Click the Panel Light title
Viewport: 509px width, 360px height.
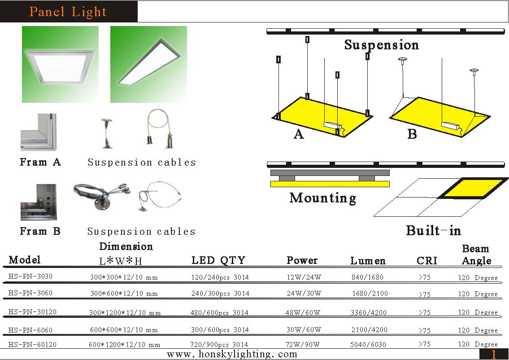68,12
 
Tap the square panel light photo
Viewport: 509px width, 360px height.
60,65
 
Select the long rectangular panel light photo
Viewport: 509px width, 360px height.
148,64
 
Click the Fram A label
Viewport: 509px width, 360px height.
40,162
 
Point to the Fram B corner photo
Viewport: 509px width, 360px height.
39,202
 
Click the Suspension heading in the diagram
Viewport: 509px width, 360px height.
381,45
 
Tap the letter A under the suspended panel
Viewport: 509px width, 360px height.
299,134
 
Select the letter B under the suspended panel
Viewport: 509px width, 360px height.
412,134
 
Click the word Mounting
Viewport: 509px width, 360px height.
323,198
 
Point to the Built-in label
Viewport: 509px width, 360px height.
433,231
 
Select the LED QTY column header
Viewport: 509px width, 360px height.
218,260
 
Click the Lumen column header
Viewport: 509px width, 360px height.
368,261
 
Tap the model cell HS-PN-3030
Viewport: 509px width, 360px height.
30,277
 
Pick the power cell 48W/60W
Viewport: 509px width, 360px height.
304,312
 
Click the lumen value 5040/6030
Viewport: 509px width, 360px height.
368,345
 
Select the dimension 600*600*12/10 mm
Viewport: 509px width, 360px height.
124,330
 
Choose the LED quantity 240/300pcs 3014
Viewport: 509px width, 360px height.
220,294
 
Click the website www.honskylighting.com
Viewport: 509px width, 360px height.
232,354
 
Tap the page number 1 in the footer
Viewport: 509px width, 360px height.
494,355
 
